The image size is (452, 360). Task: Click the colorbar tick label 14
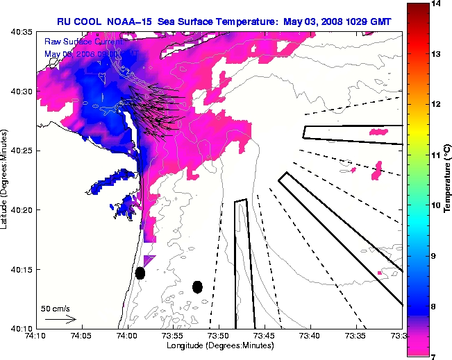tap(439, 4)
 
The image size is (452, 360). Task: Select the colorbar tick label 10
tap(439, 205)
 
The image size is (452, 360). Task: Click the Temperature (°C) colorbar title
tap(448, 180)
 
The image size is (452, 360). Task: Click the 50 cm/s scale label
tap(56, 308)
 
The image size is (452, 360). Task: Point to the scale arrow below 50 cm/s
tap(60, 319)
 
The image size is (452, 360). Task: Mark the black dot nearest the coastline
tap(140, 273)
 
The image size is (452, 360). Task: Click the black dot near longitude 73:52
tap(198, 286)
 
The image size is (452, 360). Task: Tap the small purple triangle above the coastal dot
tap(149, 259)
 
